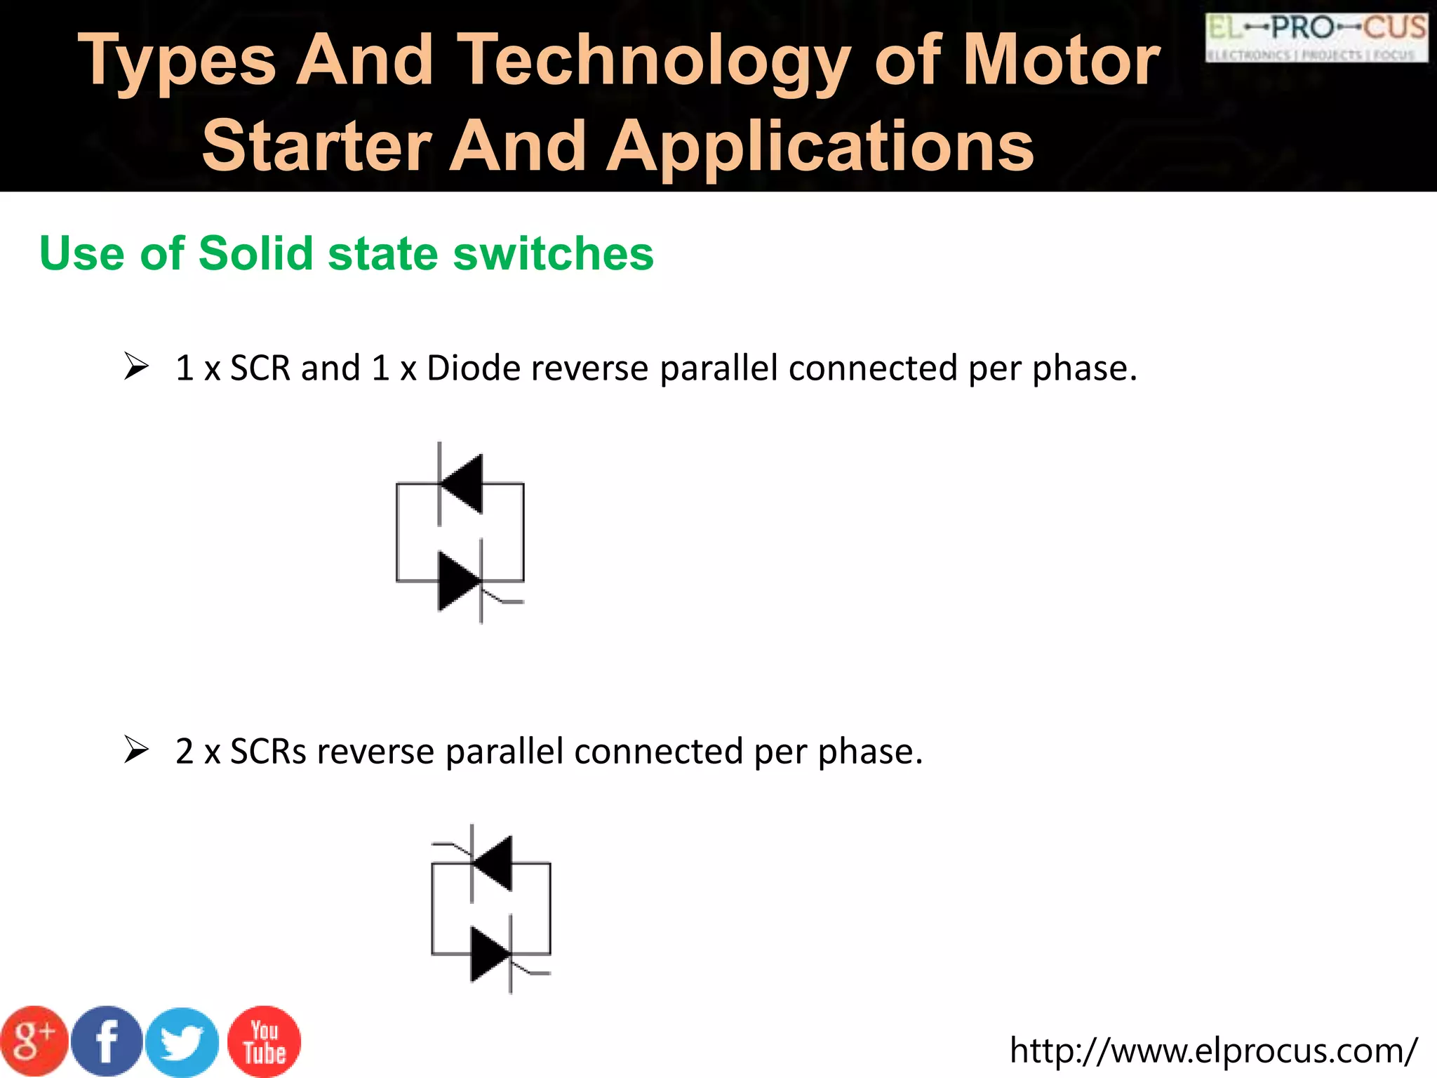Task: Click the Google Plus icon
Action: [34, 1042]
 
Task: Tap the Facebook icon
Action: [107, 1042]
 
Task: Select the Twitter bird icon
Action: [182, 1043]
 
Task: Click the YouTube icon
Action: [265, 1042]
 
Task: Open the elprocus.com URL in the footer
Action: [1213, 1050]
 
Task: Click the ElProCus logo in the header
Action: [1316, 38]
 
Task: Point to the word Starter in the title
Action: [316, 145]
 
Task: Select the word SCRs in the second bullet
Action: [268, 751]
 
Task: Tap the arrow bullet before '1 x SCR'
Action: [136, 366]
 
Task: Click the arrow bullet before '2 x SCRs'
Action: [136, 750]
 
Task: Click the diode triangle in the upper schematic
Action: [463, 484]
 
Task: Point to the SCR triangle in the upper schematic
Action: [458, 581]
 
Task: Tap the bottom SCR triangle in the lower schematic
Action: [490, 954]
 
